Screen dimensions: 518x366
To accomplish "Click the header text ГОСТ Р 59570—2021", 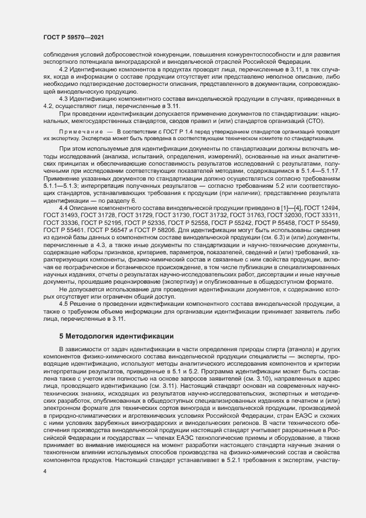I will click(73, 37).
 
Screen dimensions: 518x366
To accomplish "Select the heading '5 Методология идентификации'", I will click(116, 335).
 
